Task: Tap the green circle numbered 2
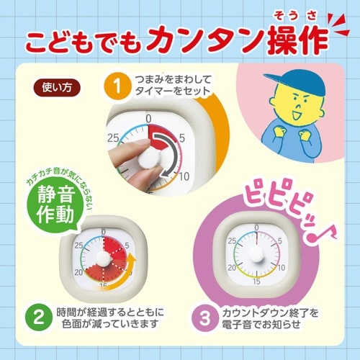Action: point(33,317)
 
